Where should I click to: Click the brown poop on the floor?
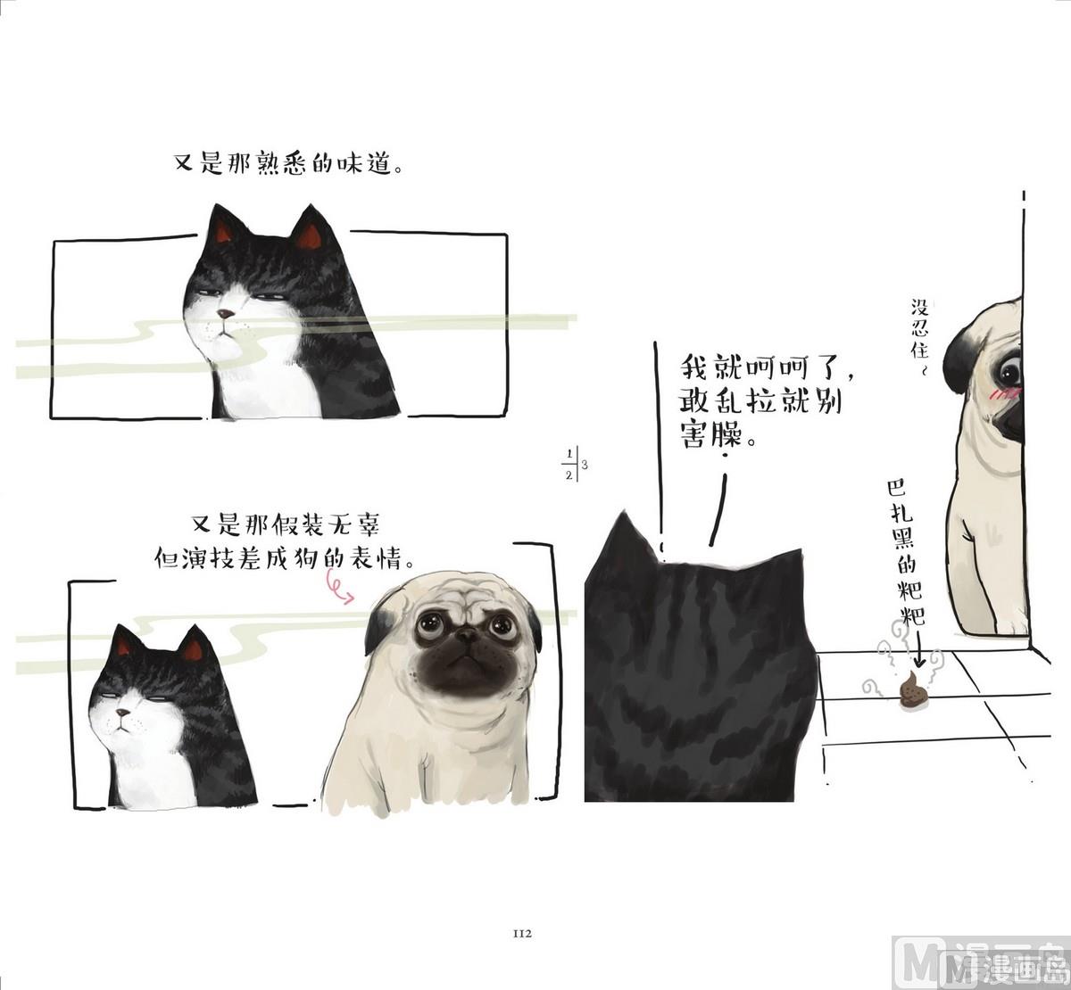[x=911, y=690]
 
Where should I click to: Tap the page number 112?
[x=522, y=934]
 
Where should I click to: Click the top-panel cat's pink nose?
[x=225, y=314]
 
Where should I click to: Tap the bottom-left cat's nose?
[x=123, y=713]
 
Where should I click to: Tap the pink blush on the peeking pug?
[x=1003, y=394]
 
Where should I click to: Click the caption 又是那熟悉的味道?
[x=289, y=163]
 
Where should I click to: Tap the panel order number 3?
[x=585, y=464]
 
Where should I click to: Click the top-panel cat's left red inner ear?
[x=223, y=232]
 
